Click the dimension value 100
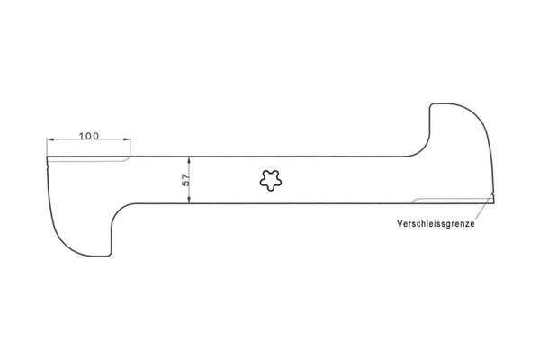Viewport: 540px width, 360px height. (x=88, y=136)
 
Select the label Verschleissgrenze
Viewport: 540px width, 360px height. (x=436, y=223)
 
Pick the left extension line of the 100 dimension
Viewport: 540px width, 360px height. (x=48, y=148)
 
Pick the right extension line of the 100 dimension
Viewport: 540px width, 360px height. (x=130, y=148)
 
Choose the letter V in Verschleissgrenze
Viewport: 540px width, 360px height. (x=400, y=223)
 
